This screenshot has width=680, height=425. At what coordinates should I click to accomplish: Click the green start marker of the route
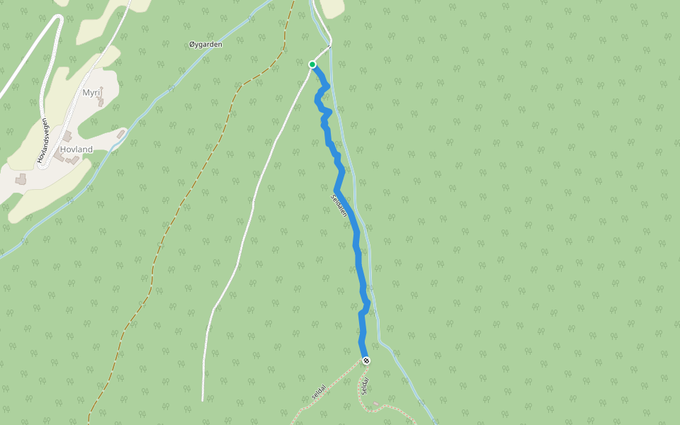(312, 64)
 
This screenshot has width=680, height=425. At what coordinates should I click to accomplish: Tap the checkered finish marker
(366, 361)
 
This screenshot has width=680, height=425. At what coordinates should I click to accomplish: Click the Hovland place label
(76, 149)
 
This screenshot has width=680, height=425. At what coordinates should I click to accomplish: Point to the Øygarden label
(205, 45)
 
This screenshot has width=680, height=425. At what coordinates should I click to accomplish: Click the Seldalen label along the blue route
(339, 205)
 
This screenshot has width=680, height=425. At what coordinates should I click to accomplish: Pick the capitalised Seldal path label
(364, 386)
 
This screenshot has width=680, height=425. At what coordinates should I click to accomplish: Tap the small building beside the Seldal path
(375, 403)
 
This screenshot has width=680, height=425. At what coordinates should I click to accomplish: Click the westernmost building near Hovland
(21, 180)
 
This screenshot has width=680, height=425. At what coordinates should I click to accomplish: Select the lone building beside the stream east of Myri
(121, 133)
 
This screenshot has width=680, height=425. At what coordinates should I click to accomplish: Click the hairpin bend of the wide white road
(54, 17)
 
